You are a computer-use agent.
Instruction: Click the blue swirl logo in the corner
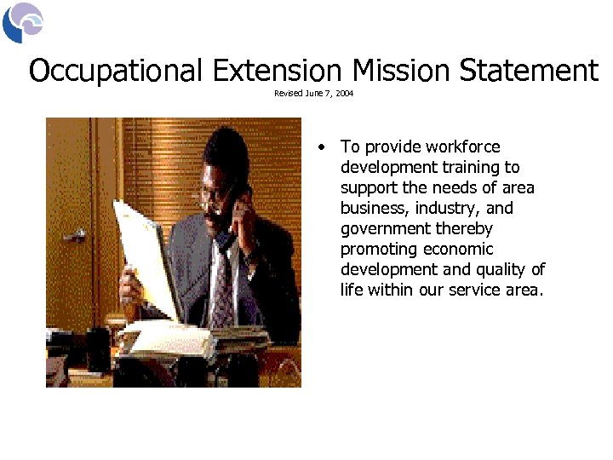[x=22, y=23]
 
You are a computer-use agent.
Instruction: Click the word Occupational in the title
[x=116, y=71]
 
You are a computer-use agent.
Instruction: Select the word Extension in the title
[x=278, y=71]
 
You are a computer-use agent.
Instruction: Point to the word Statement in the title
[x=529, y=71]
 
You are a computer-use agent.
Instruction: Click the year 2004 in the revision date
[x=344, y=94]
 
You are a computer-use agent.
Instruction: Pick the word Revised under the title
[x=288, y=94]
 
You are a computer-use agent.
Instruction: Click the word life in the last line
[x=351, y=290]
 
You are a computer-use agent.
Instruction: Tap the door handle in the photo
[x=74, y=235]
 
